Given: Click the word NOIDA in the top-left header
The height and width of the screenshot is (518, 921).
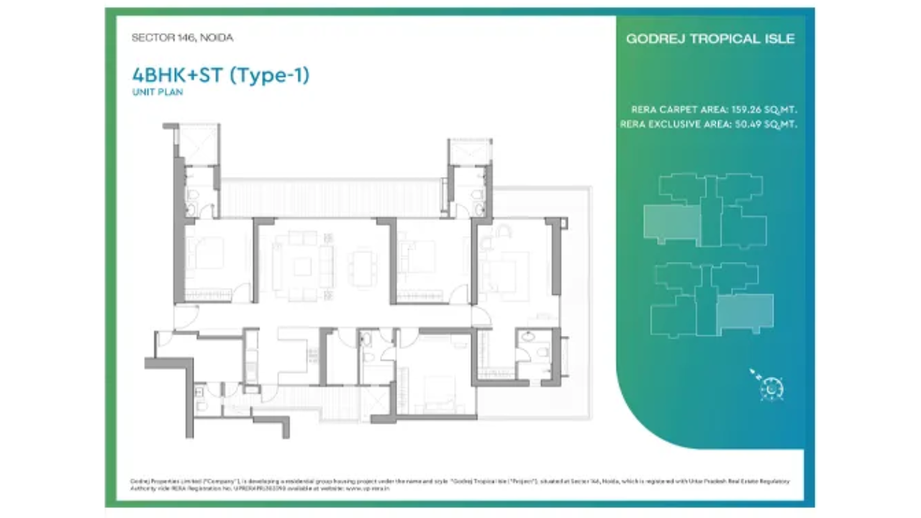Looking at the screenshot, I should click(219, 38).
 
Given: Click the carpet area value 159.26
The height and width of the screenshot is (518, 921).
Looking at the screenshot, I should click(748, 110).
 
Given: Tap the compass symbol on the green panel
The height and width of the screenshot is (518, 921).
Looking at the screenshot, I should click(771, 387).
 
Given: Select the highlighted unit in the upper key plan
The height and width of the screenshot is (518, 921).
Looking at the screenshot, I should click(671, 223).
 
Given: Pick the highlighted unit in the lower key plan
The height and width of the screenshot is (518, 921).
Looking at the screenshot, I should click(745, 312).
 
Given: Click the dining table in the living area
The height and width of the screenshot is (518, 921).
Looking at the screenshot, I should click(362, 268).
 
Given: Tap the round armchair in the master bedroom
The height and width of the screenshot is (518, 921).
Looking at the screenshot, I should click(503, 231).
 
